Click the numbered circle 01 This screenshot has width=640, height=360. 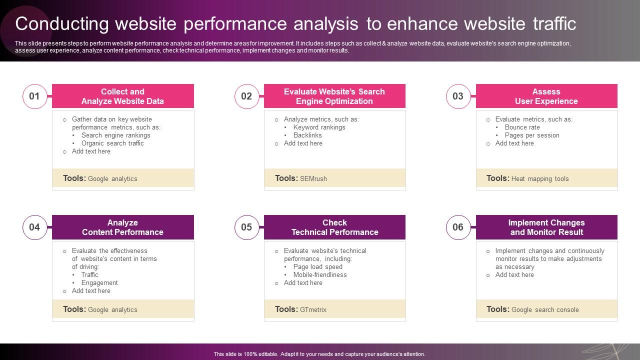click(34, 96)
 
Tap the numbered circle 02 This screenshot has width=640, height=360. click(246, 96)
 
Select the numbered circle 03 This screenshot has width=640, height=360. click(458, 96)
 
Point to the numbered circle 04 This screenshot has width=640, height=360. click(34, 227)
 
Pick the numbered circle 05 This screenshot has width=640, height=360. click(246, 227)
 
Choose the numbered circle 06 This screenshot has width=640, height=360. click(458, 227)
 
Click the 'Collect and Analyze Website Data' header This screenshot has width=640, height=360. click(123, 96)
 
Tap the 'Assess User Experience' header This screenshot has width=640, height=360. click(546, 96)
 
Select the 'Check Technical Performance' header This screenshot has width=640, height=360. click(334, 227)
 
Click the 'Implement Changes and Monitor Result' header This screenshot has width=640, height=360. click(546, 227)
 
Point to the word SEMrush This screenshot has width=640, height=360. click(313, 178)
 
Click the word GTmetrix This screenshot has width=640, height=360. click(313, 309)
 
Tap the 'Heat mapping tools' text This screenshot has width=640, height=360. click(540, 178)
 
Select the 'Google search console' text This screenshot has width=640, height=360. click(545, 309)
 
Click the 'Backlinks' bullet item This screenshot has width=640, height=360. click(307, 135)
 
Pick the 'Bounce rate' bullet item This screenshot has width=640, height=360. click(522, 127)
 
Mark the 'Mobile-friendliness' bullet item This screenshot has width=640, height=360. click(320, 274)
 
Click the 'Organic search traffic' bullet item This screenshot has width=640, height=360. click(112, 143)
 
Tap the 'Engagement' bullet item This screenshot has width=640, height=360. click(99, 282)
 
